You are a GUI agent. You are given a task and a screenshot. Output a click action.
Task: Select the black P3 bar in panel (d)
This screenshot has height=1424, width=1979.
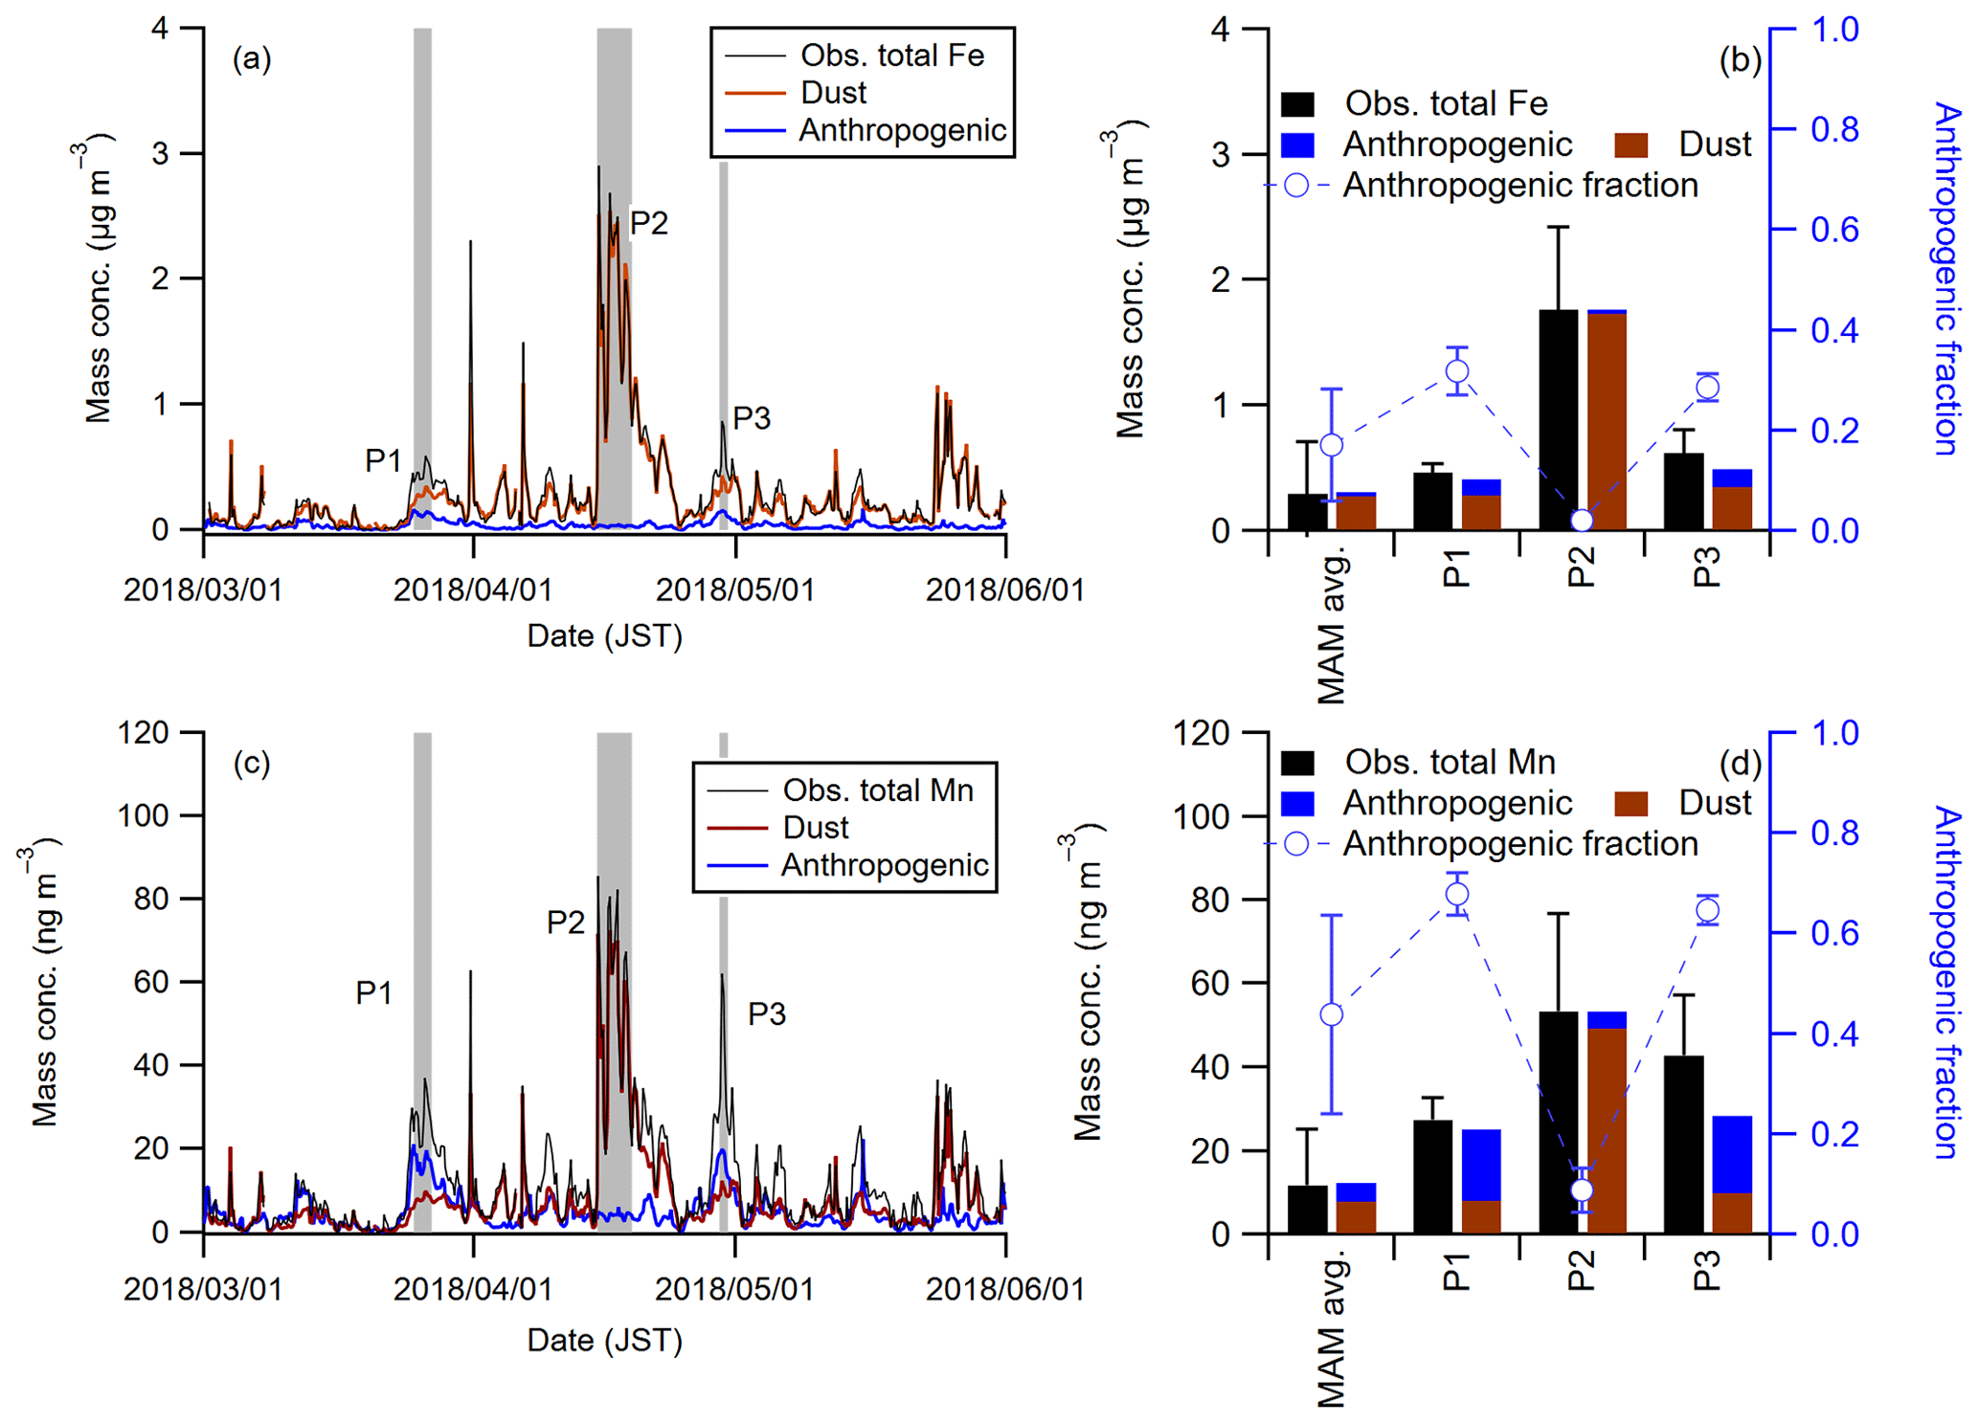pyautogui.click(x=1683, y=1144)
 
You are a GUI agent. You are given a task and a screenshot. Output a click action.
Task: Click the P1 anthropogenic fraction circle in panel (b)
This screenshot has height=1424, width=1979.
pyautogui.click(x=1457, y=371)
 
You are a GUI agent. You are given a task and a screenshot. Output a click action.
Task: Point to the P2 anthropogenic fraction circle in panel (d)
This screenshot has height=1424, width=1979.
pyautogui.click(x=1582, y=1190)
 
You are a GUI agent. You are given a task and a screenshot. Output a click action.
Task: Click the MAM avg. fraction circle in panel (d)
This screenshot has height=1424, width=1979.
pyautogui.click(x=1331, y=1014)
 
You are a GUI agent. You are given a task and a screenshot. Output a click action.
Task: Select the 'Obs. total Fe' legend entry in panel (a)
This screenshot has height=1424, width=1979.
pyautogui.click(x=891, y=56)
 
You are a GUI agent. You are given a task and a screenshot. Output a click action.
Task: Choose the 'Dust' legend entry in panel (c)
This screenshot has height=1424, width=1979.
pyautogui.click(x=816, y=828)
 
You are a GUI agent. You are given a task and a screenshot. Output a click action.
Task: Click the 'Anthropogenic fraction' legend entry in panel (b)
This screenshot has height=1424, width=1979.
pyautogui.click(x=1519, y=185)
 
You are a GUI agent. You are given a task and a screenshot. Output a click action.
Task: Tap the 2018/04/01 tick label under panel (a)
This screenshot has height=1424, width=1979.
pyautogui.click(x=473, y=590)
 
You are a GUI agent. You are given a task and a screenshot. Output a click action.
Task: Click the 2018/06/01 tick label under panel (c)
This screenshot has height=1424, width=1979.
pyautogui.click(x=1004, y=1289)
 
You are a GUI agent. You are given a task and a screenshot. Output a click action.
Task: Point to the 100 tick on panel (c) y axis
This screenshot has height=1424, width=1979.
pyautogui.click(x=143, y=815)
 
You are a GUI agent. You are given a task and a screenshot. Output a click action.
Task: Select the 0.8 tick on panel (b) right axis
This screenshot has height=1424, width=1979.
pyautogui.click(x=1833, y=129)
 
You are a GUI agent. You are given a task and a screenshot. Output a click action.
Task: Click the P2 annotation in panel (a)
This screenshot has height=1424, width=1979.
pyautogui.click(x=648, y=223)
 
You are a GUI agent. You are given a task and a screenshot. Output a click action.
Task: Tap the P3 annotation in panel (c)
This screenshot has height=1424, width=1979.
pyautogui.click(x=766, y=1013)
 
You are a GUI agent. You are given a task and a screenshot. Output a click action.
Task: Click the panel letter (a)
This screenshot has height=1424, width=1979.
pyautogui.click(x=252, y=59)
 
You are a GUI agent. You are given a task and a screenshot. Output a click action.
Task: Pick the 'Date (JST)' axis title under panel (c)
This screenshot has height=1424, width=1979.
pyautogui.click(x=604, y=1340)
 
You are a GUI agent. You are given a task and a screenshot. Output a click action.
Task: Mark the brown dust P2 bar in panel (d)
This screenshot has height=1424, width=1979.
pyautogui.click(x=1607, y=1129)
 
